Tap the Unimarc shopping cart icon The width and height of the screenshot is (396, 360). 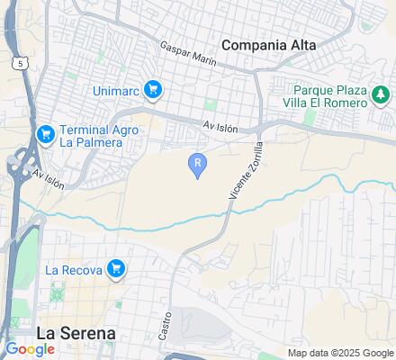click(154, 89)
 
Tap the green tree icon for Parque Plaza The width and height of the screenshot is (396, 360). click(382, 94)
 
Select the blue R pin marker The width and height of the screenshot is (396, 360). click(198, 164)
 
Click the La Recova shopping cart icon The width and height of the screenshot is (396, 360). click(115, 268)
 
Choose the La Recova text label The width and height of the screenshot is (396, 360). click(74, 269)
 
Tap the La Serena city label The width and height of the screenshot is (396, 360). click(76, 332)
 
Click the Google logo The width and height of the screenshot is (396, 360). click(30, 349)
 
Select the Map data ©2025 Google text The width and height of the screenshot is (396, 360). click(339, 353)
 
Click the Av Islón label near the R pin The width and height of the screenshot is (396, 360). click(220, 129)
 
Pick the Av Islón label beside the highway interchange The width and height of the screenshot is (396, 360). click(49, 177)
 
